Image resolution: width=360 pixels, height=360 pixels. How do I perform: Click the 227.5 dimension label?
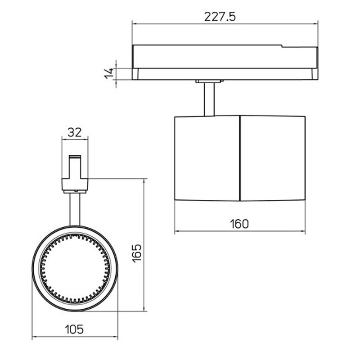220,17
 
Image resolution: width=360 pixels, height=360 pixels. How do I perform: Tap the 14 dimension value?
108,73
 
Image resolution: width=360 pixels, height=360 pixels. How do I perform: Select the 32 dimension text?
75,132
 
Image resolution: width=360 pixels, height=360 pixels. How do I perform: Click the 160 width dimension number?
239,224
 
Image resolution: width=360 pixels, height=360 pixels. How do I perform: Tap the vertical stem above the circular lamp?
75,209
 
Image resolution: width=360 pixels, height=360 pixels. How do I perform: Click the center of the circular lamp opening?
75,268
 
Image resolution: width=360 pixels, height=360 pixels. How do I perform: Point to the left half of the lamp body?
207,157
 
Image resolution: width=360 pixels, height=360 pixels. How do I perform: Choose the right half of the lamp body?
273,157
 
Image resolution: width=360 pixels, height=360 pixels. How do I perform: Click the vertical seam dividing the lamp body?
240,157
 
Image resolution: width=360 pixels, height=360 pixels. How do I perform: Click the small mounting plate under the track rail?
209,81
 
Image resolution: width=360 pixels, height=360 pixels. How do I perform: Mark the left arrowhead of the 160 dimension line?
177,232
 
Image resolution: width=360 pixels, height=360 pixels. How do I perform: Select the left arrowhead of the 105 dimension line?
34,337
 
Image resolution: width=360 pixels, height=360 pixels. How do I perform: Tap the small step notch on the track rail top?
282,45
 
